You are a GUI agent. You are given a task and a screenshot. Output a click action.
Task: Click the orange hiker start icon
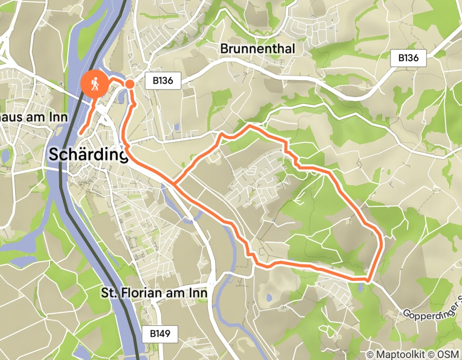point(95,83)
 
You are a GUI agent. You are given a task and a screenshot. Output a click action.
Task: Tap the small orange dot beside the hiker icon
point(130,83)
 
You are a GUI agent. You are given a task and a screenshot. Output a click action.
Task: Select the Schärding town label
point(88,154)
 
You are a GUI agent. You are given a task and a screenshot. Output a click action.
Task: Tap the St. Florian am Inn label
point(154,293)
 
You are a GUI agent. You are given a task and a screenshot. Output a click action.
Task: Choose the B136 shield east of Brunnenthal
point(412,58)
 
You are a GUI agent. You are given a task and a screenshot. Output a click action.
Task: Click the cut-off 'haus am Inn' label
point(34,117)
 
